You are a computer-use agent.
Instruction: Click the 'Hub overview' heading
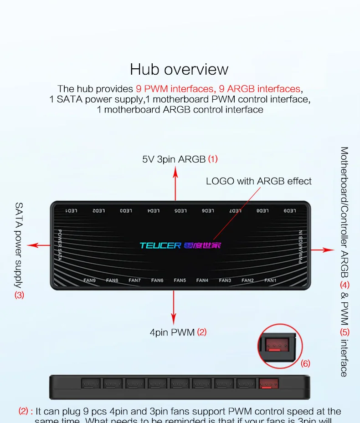pos(179,69)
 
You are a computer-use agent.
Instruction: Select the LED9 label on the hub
pos(289,210)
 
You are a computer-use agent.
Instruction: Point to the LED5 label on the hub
pos(181,210)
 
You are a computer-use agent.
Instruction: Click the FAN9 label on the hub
pos(90,280)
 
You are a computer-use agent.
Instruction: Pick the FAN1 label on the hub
pos(270,280)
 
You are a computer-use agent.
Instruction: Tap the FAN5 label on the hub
pos(180,280)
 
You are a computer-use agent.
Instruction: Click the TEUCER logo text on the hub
pos(160,245)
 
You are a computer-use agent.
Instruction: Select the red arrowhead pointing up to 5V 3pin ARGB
pos(175,170)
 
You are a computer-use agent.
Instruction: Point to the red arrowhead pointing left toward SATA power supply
pos(31,245)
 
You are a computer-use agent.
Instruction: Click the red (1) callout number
pos(213,159)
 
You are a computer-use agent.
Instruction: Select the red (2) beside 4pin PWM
pos(201,332)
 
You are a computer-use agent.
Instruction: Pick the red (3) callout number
pos(19,295)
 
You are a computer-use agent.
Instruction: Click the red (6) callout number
pos(305,363)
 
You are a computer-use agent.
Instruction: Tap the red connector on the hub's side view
pos(269,383)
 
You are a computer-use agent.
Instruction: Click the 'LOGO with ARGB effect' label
pos(258,181)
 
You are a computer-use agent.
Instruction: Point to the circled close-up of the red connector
pos(278,346)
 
